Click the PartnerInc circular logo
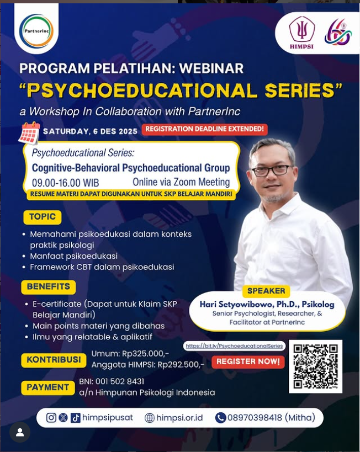coord(36,31)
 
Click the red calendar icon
coord(29,133)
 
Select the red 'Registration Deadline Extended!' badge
coord(204,129)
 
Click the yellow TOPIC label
coord(42,217)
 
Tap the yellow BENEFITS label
coord(49,287)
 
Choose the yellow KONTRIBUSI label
coord(54,360)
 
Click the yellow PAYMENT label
coord(48,387)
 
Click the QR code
coord(316,366)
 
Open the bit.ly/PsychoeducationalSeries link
coord(234,345)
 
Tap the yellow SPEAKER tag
coord(266,291)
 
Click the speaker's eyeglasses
coord(272,170)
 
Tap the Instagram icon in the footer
coord(51,418)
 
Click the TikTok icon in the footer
coord(75,418)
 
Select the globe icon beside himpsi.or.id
coord(150,418)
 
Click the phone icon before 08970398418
coord(221,418)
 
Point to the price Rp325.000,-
coord(146,354)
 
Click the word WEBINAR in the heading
coord(211,68)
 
